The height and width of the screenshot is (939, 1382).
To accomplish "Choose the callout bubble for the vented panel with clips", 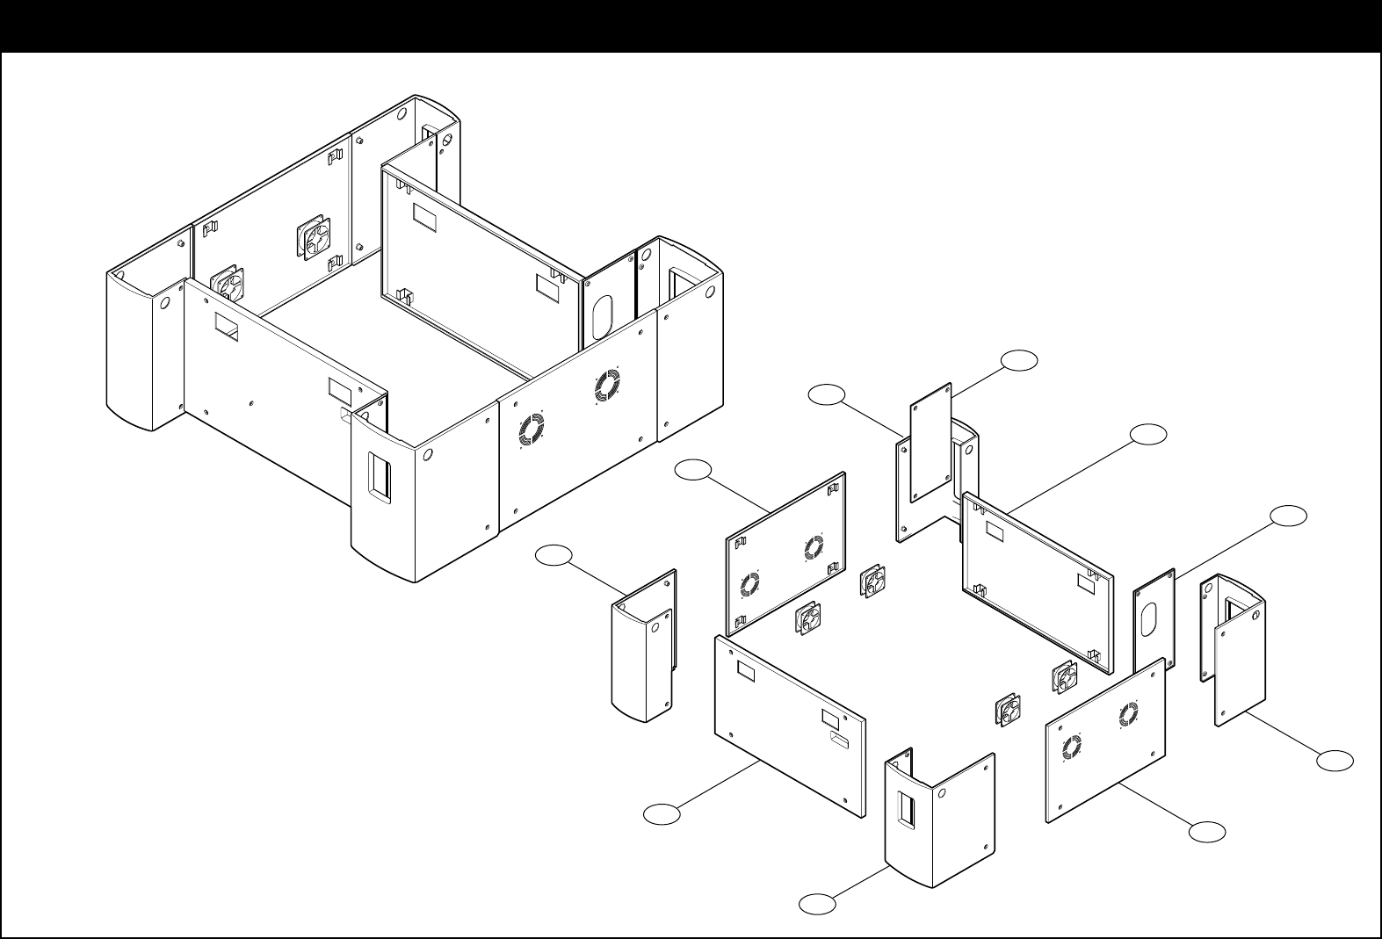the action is pos(692,471).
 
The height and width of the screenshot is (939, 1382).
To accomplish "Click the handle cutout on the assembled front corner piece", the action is pos(378,478).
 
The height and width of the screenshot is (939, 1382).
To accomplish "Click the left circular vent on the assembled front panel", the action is pos(532,430).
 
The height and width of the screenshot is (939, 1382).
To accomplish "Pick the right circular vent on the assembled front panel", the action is pos(606,386).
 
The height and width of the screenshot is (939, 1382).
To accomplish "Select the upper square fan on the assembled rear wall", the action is pos(317,239).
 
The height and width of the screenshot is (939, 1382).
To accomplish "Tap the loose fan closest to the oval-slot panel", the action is pos(1065,677).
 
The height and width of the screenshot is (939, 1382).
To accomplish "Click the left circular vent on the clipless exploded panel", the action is pos(1071,748).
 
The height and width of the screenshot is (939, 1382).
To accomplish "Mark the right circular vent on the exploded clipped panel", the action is pos(814,548).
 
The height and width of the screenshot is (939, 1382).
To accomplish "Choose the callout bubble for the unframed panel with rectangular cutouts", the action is pos(661,814).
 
